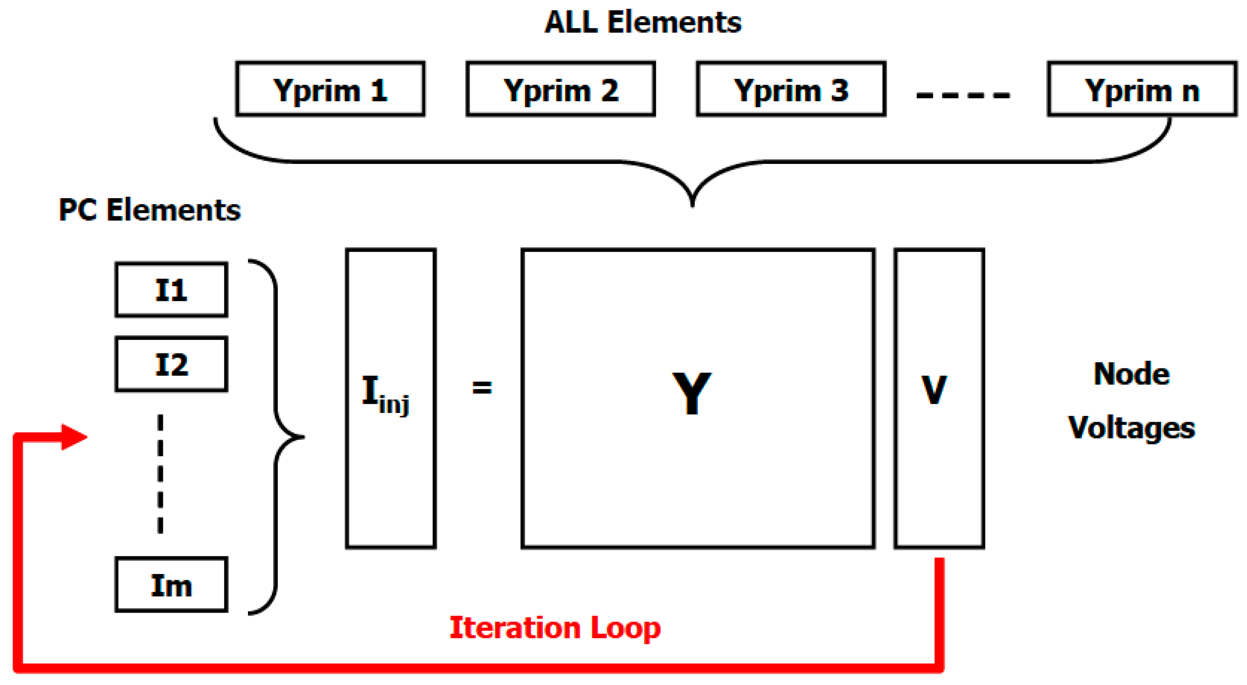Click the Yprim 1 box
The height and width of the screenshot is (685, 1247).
pos(330,89)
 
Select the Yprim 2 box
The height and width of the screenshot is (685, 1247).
pos(560,89)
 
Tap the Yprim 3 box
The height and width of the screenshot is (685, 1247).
pos(791,89)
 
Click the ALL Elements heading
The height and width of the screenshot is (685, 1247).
pos(643,23)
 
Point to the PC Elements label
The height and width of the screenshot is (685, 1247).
pos(150,210)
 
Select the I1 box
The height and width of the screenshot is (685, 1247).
pos(171,290)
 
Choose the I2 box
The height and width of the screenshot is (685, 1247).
pos(171,364)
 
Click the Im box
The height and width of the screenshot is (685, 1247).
pos(171,585)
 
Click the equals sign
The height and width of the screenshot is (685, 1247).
pos(482,388)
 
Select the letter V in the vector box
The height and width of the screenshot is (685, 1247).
pos(934,390)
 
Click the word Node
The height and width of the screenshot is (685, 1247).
pos(1131,374)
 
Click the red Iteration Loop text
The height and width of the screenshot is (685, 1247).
pos(555,628)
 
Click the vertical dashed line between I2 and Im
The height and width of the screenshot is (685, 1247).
pos(160,474)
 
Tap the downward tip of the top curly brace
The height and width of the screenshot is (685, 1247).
pos(692,203)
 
